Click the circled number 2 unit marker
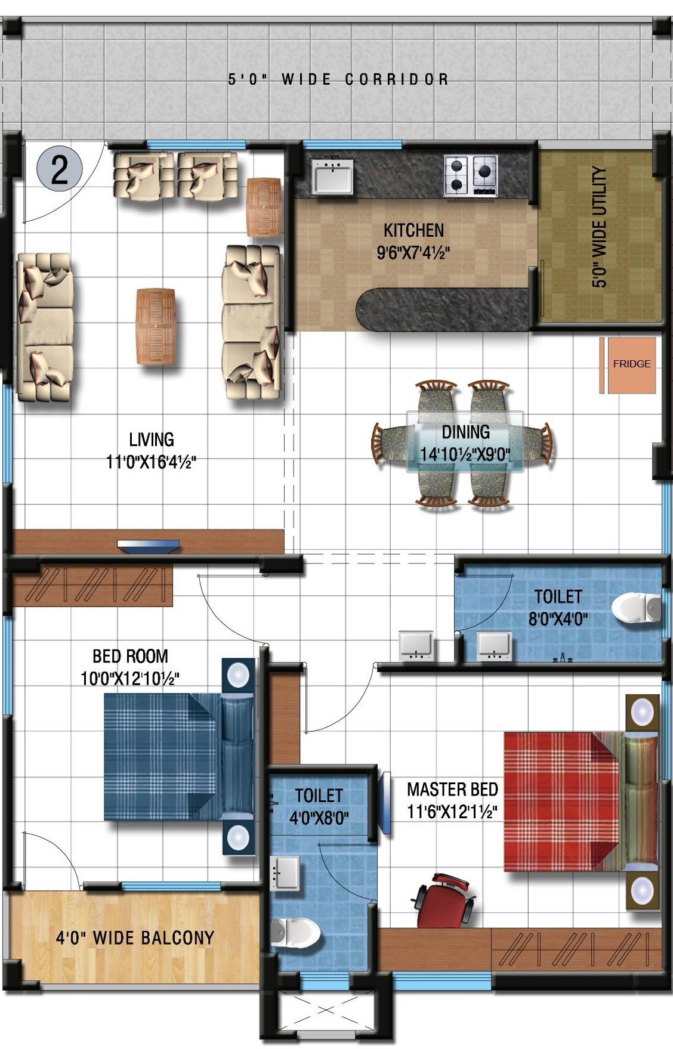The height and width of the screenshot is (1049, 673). pyautogui.click(x=59, y=169)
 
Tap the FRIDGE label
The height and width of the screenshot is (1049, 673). pyautogui.click(x=631, y=364)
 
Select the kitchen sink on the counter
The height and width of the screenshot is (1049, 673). pyautogui.click(x=331, y=175)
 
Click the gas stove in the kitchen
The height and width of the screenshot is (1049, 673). pyautogui.click(x=471, y=175)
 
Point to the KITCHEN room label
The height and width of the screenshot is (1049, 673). pyautogui.click(x=413, y=230)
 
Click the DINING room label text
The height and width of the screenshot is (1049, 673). pyautogui.click(x=465, y=432)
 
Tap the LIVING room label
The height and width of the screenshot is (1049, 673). pyautogui.click(x=152, y=440)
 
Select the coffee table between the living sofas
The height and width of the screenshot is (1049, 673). pyautogui.click(x=156, y=326)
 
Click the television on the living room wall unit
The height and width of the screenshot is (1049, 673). pyautogui.click(x=148, y=546)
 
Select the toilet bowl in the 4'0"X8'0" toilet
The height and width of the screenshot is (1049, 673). pyautogui.click(x=296, y=932)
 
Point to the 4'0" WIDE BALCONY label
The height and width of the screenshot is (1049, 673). pyautogui.click(x=135, y=938)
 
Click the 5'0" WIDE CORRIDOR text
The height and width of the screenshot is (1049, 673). pyautogui.click(x=338, y=79)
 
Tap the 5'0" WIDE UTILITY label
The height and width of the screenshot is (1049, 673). pyautogui.click(x=599, y=227)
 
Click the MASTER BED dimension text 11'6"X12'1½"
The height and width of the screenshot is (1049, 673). pyautogui.click(x=452, y=811)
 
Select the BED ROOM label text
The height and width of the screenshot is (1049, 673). pyautogui.click(x=130, y=656)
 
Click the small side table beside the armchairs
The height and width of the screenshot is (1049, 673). pyautogui.click(x=264, y=207)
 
